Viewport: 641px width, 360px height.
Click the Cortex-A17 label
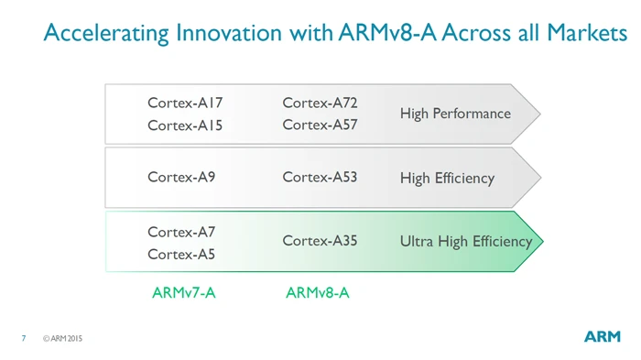[x=185, y=104]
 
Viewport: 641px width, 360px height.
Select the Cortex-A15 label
[x=185, y=125]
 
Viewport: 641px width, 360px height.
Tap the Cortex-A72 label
[x=320, y=104]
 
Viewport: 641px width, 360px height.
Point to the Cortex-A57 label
[x=320, y=125]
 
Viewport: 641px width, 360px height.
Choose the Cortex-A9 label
[x=181, y=178]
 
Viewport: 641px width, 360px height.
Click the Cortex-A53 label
[x=320, y=178]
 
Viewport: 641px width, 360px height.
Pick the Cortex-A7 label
[x=181, y=233]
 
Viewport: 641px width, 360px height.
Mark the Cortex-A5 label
[x=181, y=254]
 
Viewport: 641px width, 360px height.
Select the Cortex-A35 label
[x=320, y=241]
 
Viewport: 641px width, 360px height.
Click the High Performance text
[x=455, y=114]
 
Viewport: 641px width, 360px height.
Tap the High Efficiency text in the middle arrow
[x=447, y=178]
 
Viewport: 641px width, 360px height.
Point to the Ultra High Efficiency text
[x=465, y=242]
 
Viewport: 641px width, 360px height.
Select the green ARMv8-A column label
[x=318, y=293]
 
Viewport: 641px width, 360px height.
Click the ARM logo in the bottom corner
[x=602, y=337]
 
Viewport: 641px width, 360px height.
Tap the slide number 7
[x=24, y=339]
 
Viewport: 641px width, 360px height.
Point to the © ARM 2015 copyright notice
[x=63, y=339]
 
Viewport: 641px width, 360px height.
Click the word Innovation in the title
[x=230, y=34]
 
